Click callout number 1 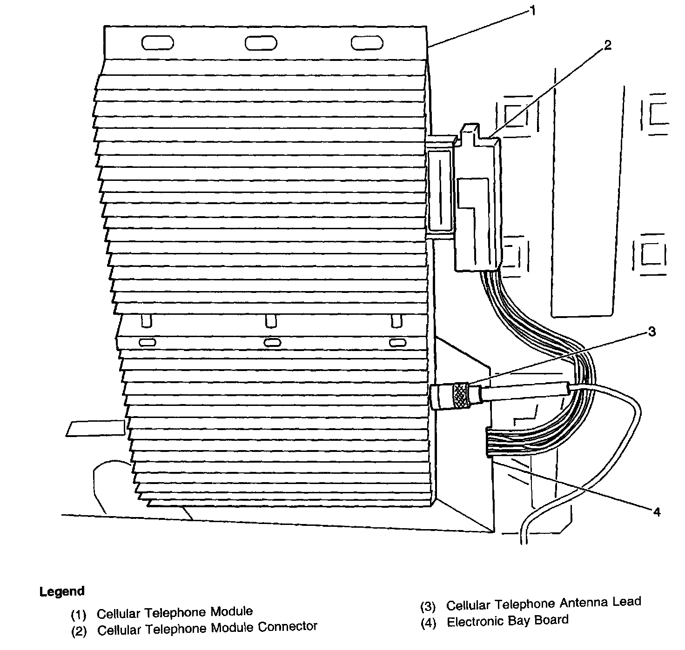pyautogui.click(x=532, y=10)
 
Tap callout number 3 pyautogui.click(x=651, y=332)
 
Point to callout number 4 pyautogui.click(x=656, y=512)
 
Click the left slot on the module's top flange pyautogui.click(x=158, y=43)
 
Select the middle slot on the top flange pyautogui.click(x=261, y=43)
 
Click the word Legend pyautogui.click(x=62, y=591)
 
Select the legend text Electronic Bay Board pyautogui.click(x=507, y=621)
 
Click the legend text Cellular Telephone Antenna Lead pyautogui.click(x=543, y=604)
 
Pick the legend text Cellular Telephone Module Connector pyautogui.click(x=207, y=629)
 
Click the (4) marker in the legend pyautogui.click(x=428, y=623)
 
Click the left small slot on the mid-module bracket pyautogui.click(x=147, y=343)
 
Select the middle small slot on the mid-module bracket pyautogui.click(x=272, y=343)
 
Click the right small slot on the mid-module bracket pyautogui.click(x=397, y=343)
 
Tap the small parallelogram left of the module pyautogui.click(x=95, y=428)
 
